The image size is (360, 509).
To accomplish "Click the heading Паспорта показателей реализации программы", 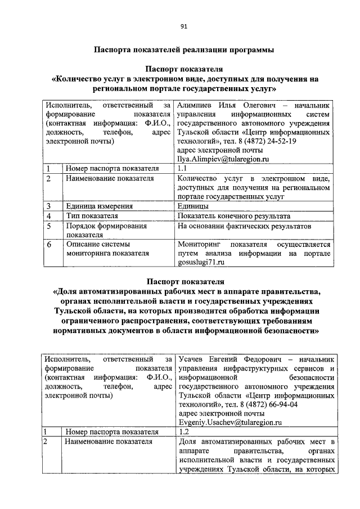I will tap(183, 49).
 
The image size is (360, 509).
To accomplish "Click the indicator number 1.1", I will tap(182, 168).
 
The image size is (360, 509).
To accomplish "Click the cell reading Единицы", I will tap(192, 205).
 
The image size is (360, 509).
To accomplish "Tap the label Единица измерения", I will tap(99, 205).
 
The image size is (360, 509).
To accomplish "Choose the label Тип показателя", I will tap(92, 215).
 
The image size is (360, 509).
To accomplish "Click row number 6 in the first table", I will tap(49, 245).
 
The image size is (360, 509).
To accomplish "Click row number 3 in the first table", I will tap(49, 205).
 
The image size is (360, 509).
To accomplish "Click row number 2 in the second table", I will tap(49, 442).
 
